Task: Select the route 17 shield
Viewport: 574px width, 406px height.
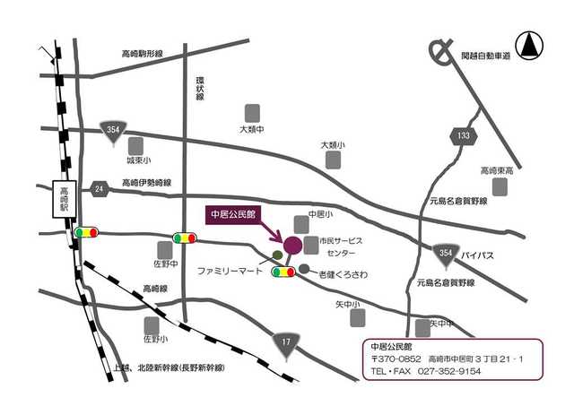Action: pos(286,341)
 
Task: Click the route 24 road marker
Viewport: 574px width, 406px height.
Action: pos(100,188)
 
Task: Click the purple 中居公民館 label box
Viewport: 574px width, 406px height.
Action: pos(232,215)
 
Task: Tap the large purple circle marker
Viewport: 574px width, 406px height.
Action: pos(292,244)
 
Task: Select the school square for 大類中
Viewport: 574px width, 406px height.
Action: pos(253,112)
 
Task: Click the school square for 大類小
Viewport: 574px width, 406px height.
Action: pos(334,160)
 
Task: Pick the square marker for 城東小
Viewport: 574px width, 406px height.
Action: pos(136,145)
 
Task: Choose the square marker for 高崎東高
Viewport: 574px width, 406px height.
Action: pos(499,186)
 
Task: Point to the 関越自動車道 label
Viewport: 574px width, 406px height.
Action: pos(486,56)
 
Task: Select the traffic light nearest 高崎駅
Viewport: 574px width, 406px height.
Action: pos(87,232)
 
